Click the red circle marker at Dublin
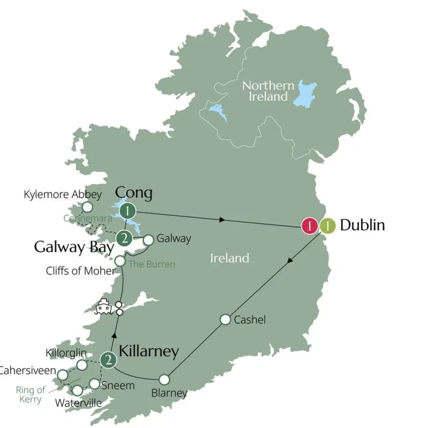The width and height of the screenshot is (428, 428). point(309,226)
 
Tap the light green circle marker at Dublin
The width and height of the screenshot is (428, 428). point(328,226)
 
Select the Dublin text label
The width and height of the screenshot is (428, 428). point(362,225)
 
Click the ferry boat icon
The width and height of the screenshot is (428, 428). point(104,308)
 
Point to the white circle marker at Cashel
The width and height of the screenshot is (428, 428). point(225,320)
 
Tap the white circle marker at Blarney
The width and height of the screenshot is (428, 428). point(164,380)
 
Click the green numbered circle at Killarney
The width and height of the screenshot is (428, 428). point(108,360)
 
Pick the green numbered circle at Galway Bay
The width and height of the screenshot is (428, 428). point(124,239)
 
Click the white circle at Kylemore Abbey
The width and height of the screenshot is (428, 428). point(87,207)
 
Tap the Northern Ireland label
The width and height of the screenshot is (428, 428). point(268,91)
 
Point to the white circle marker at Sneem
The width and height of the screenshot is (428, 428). point(95,384)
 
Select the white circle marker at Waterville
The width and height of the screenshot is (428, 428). point(77,390)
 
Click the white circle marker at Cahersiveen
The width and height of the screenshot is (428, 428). point(63,374)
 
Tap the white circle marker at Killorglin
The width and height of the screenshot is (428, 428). point(82,365)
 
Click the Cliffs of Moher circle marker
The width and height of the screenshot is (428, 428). point(120,261)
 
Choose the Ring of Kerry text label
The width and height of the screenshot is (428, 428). point(30,395)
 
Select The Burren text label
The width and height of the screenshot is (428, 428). point(152,264)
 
